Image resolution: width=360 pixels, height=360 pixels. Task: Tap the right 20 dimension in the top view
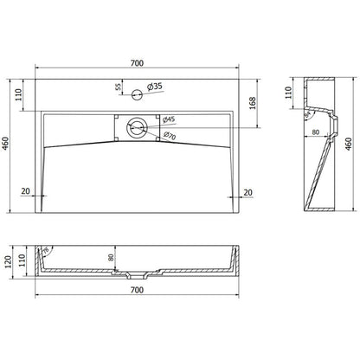(x=249, y=193)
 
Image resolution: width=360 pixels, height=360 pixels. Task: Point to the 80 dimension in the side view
(x=318, y=132)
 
